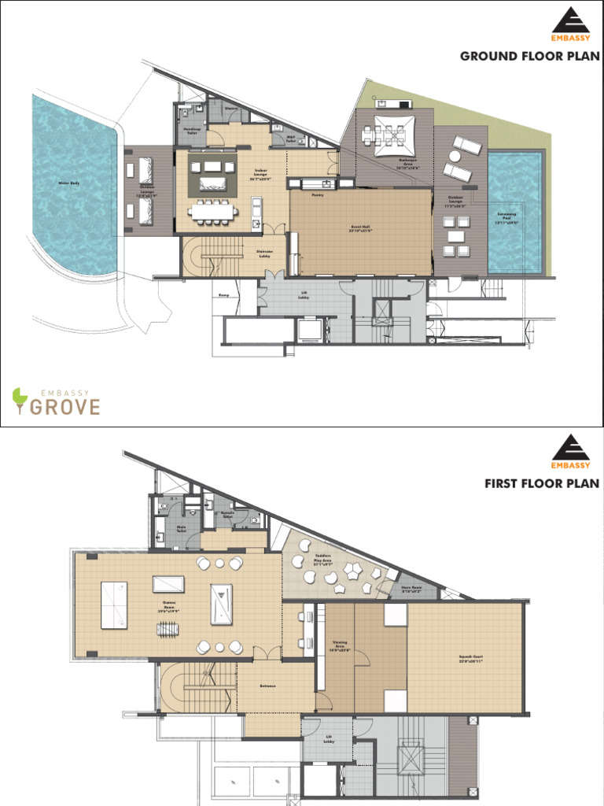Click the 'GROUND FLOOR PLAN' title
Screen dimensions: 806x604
(529, 56)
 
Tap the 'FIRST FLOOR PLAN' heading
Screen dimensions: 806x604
(542, 482)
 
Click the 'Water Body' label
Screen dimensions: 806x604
(69, 183)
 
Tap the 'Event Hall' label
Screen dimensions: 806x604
(361, 228)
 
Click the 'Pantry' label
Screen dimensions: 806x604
(318, 194)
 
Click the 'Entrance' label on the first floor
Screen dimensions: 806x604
(267, 686)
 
